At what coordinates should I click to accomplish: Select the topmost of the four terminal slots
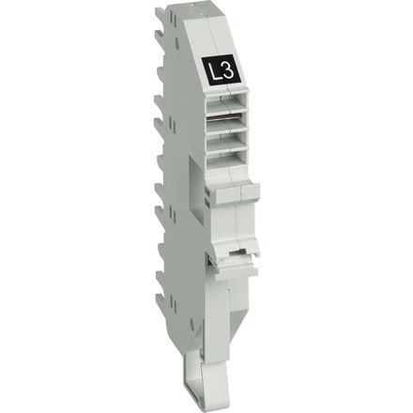(x=226, y=104)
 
